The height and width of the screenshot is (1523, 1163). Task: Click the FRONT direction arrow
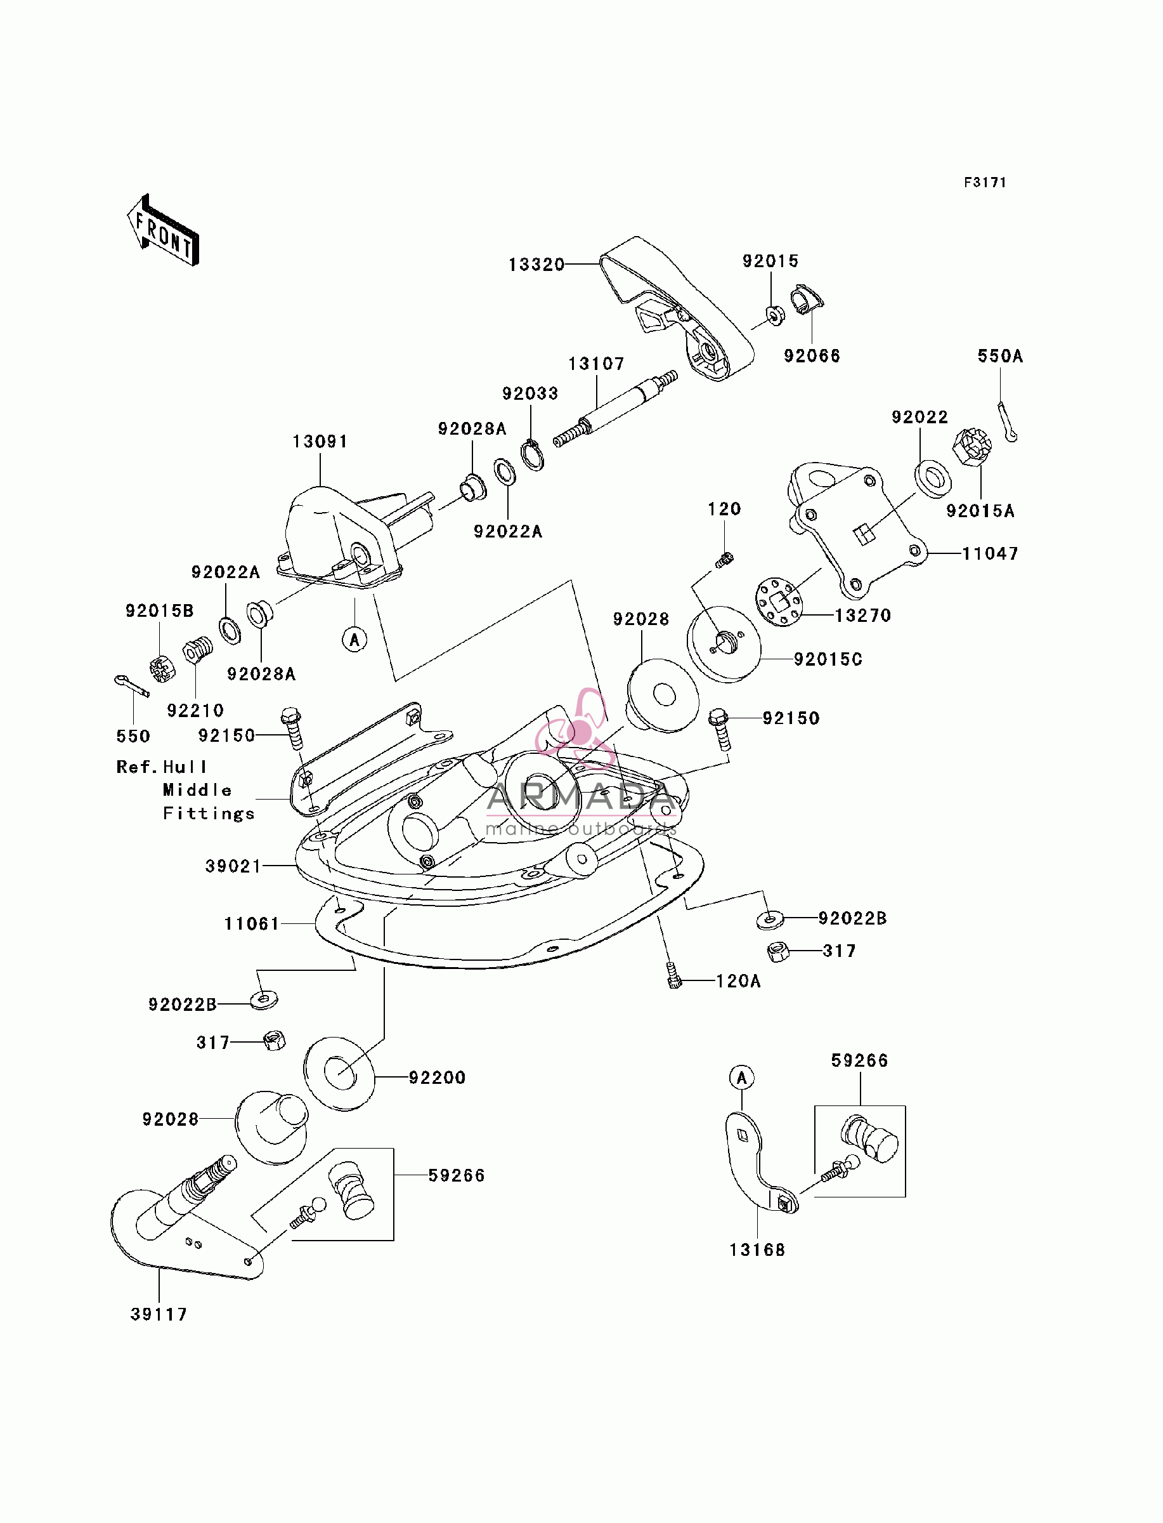point(164,230)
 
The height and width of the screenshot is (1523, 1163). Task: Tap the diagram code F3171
point(985,183)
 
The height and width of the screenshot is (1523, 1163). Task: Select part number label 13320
point(536,265)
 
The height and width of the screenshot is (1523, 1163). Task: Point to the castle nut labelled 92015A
point(972,448)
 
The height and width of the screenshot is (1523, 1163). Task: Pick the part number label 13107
point(596,364)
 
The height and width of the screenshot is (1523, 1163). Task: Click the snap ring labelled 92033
point(531,455)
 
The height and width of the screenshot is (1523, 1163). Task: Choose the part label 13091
point(320,441)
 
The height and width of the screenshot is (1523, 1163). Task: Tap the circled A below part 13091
point(355,639)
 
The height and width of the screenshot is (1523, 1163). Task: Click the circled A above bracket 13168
point(742,1078)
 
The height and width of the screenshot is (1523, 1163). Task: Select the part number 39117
point(159,1314)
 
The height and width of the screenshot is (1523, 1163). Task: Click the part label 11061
point(252,924)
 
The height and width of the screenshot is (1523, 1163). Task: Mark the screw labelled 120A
point(673,975)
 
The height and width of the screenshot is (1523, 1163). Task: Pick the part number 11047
point(990,553)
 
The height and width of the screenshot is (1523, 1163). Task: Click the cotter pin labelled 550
point(131,685)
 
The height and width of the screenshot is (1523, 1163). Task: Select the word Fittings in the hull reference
point(209,813)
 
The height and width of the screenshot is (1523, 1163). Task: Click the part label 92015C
point(828,659)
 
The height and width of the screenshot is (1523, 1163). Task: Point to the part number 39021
point(233,866)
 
